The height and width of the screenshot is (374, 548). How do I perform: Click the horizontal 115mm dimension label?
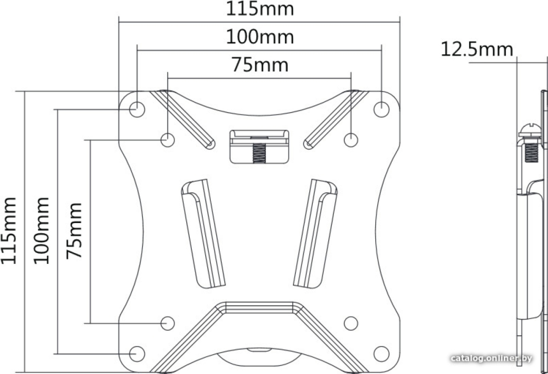point(260,9)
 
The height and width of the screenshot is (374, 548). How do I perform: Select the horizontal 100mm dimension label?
point(260,37)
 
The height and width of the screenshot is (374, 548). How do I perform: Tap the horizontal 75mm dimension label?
point(260,65)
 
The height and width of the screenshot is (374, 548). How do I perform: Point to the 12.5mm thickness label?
point(477,49)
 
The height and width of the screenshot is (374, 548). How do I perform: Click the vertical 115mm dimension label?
point(8,231)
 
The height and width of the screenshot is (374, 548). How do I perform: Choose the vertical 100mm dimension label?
point(41,231)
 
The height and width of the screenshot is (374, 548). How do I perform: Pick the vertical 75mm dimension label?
point(74,231)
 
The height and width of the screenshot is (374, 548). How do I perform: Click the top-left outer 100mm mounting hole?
point(137,109)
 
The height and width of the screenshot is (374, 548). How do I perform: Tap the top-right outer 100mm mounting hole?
point(381,109)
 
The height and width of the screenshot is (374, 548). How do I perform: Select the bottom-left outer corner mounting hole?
point(137,354)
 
